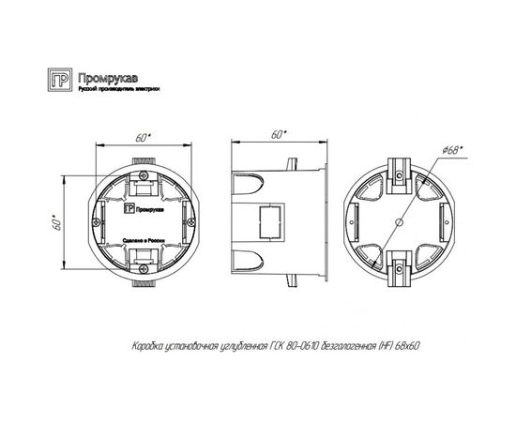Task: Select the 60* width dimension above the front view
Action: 141,137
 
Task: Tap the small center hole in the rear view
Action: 398,223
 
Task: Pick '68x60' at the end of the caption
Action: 406,346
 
